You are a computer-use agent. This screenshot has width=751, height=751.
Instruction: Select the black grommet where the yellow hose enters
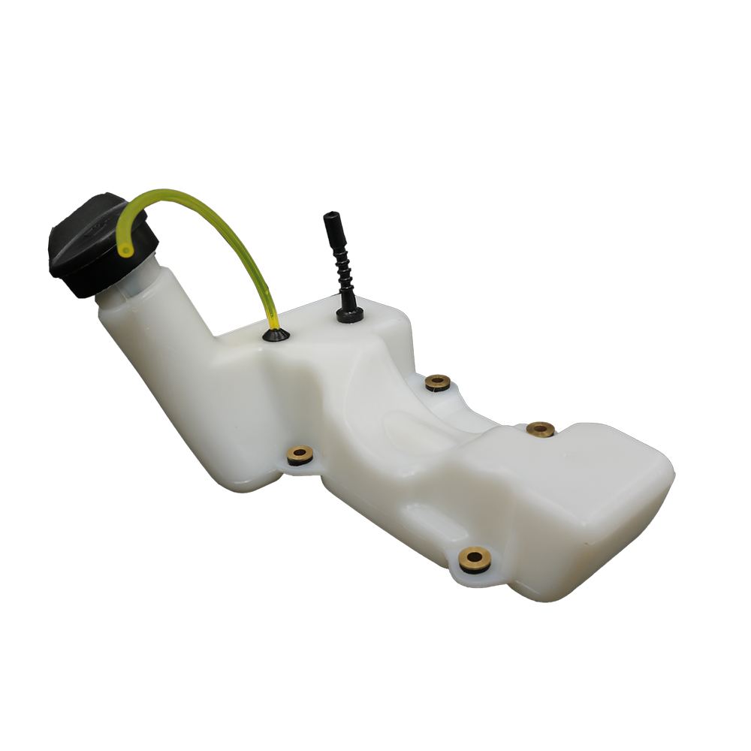pos(276,335)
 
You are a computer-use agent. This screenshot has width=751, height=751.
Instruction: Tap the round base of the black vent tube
pos(348,316)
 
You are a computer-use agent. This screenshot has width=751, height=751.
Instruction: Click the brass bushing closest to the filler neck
pos(300,454)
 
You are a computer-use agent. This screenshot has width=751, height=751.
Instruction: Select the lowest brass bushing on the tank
pos(475,558)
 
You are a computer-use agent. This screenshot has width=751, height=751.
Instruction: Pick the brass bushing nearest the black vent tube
pos(437,383)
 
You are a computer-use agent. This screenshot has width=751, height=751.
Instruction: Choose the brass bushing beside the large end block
pos(540,430)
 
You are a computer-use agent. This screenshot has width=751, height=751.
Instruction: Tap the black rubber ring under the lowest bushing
pos(475,566)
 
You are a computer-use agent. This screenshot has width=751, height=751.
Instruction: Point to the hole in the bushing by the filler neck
pos(300,453)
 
